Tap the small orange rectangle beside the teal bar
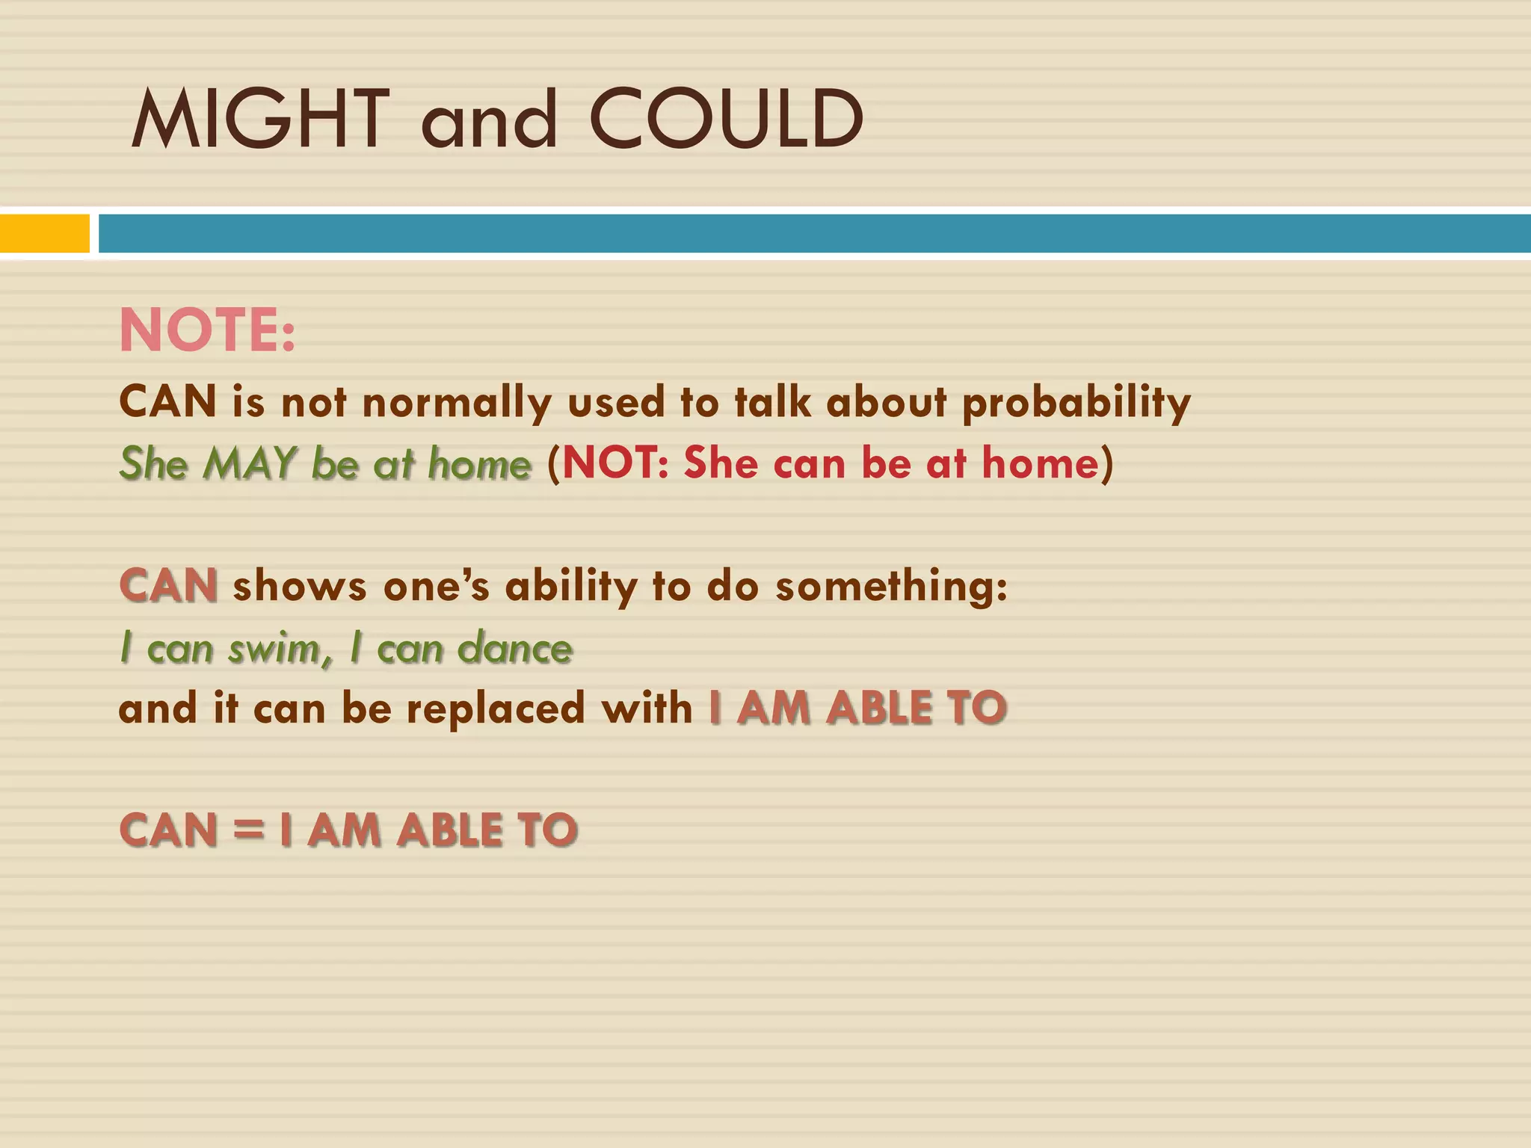coord(44,233)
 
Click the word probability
coord(1076,403)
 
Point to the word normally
coord(456,403)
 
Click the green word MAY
coord(250,463)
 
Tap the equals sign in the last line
coord(248,830)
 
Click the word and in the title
coord(490,120)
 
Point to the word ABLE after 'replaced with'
coord(879,708)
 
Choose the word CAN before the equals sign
coord(168,830)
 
